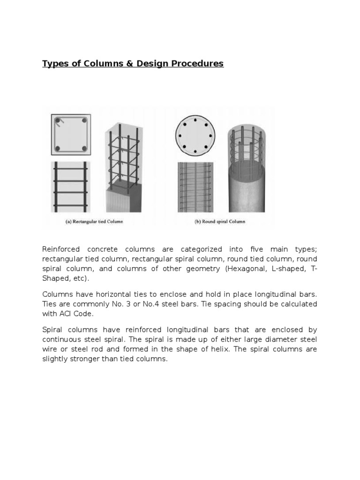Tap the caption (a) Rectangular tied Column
coord(94,222)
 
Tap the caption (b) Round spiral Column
coord(219,222)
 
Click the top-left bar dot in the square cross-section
coord(58,120)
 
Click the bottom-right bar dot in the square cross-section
coord(85,149)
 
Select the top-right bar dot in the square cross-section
coord(85,120)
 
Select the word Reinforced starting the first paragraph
coord(61,248)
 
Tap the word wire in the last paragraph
coord(50,350)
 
